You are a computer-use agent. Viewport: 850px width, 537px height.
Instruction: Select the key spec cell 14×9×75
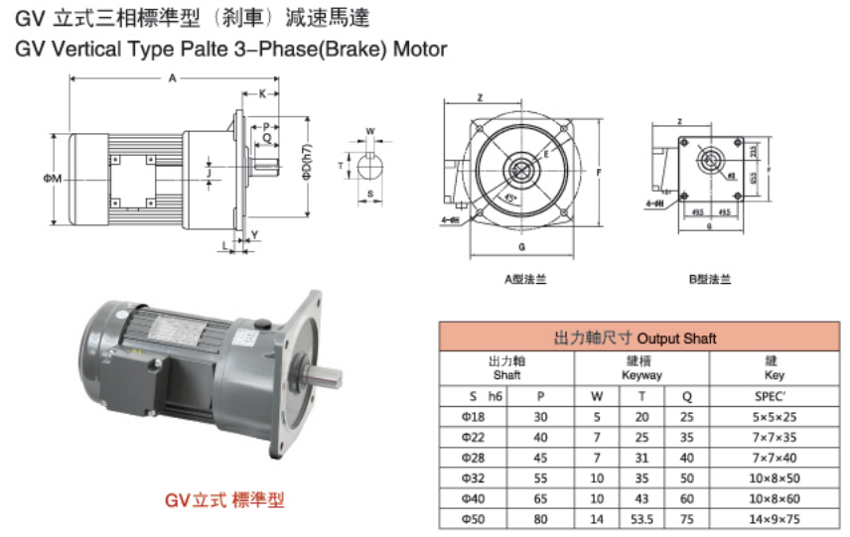tap(775, 518)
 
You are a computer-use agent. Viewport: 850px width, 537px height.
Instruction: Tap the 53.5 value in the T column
tap(641, 518)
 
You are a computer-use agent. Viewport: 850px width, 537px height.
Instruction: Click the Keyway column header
tap(641, 368)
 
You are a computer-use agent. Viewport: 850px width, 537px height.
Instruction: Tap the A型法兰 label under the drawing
tap(524, 279)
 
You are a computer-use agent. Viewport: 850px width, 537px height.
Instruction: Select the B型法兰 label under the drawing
tap(710, 279)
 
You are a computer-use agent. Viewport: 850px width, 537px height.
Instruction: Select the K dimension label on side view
tap(262, 94)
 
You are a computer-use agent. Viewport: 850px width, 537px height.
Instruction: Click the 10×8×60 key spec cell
tap(775, 498)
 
